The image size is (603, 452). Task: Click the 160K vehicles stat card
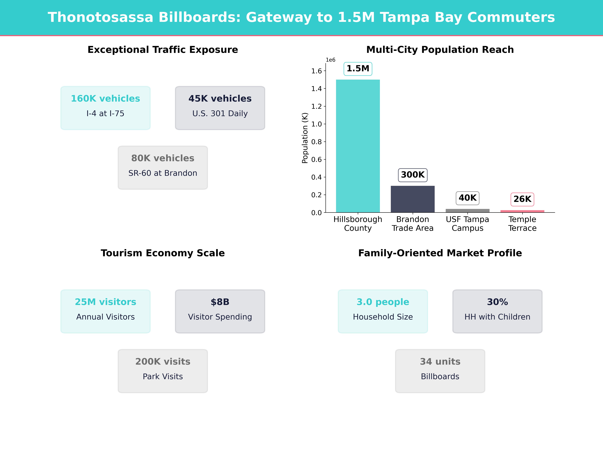pyautogui.click(x=106, y=108)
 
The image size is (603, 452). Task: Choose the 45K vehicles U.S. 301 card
pyautogui.click(x=220, y=108)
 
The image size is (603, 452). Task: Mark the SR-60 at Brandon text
pyautogui.click(x=163, y=173)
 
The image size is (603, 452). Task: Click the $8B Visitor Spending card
pyautogui.click(x=220, y=311)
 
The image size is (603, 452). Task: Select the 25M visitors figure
pyautogui.click(x=106, y=302)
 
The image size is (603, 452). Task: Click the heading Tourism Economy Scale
pyautogui.click(x=163, y=253)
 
